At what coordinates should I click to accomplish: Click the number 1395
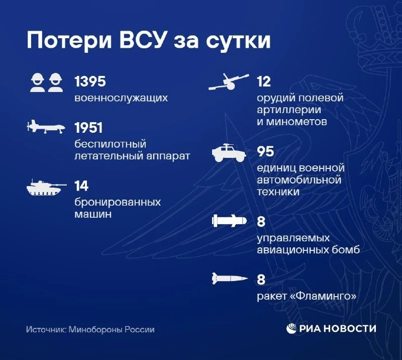click(x=90, y=81)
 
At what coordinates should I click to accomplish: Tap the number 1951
click(x=88, y=128)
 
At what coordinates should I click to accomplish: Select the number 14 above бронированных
click(x=81, y=186)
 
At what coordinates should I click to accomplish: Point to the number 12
click(x=263, y=81)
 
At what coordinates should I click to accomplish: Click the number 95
click(x=265, y=151)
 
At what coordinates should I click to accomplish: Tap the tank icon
click(x=46, y=188)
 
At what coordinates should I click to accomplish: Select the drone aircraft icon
click(x=46, y=127)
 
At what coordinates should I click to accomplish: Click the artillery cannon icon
click(x=229, y=82)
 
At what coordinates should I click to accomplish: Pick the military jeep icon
click(x=229, y=153)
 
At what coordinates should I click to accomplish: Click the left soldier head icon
click(x=37, y=82)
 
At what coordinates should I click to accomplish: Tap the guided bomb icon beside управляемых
click(x=229, y=221)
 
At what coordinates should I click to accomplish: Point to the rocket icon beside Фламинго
click(x=230, y=279)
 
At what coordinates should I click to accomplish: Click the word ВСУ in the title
click(x=142, y=40)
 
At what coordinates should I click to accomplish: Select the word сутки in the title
click(x=238, y=41)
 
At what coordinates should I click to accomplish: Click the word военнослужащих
click(x=121, y=98)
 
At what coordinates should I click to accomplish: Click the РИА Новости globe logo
click(x=291, y=329)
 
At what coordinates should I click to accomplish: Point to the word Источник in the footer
click(x=46, y=329)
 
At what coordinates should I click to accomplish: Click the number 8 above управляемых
click(x=261, y=221)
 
